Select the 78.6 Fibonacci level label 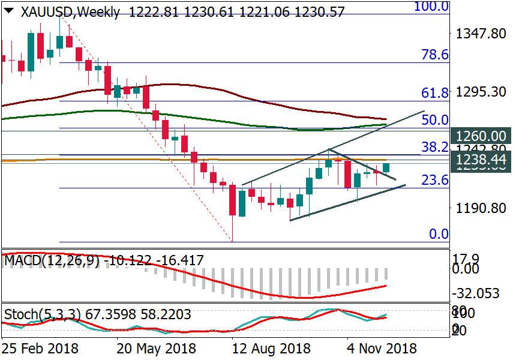coord(435,55)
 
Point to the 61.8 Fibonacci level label coord(435,93)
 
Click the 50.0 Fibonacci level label coord(435,121)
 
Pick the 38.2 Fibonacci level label coord(435,148)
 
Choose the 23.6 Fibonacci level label coord(435,180)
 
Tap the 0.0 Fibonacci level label coord(439,234)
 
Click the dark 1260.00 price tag coord(482,136)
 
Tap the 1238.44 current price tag coord(482,159)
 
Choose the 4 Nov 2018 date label coord(382,349)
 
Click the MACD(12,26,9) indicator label coord(53,260)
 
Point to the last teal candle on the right coord(386,168)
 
